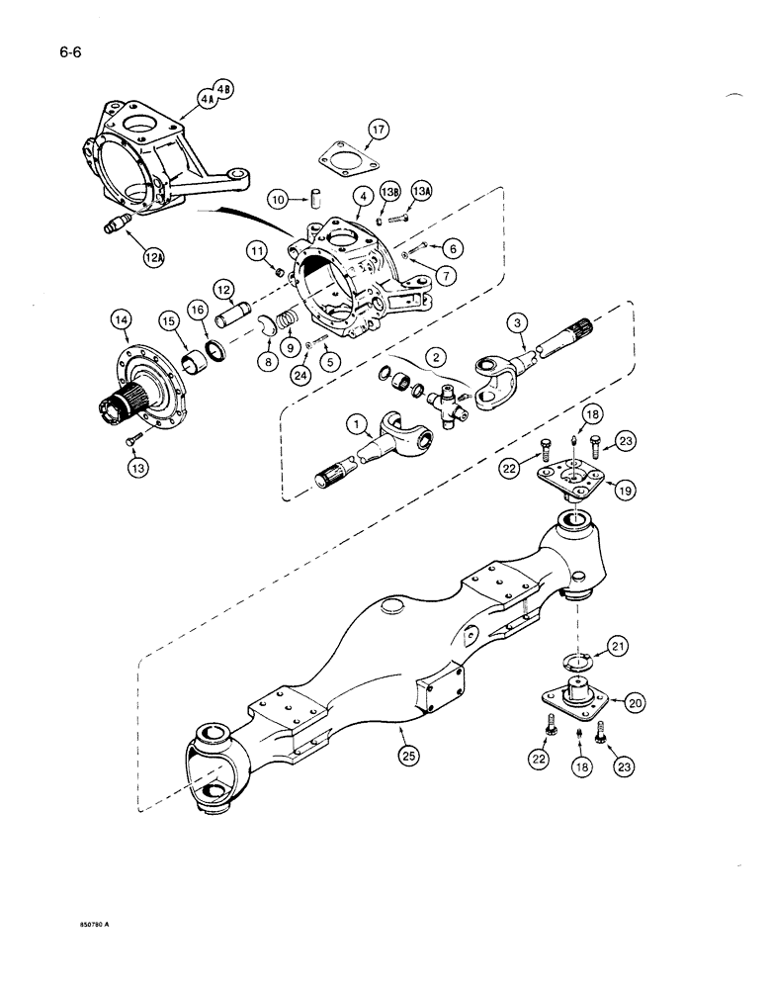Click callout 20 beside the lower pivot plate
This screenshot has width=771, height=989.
635,702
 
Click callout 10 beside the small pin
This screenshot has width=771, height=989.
280,199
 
